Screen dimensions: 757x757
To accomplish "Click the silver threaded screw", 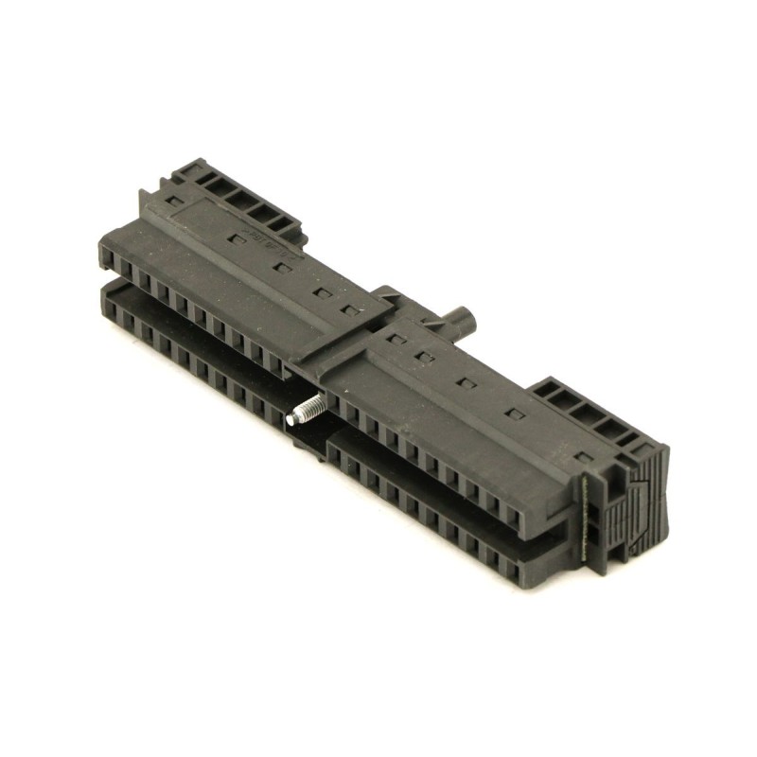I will (308, 409).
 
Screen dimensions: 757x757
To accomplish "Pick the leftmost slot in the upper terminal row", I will (108, 257).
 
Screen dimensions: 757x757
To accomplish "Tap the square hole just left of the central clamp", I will (351, 309).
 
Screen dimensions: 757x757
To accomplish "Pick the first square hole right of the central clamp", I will (396, 338).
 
